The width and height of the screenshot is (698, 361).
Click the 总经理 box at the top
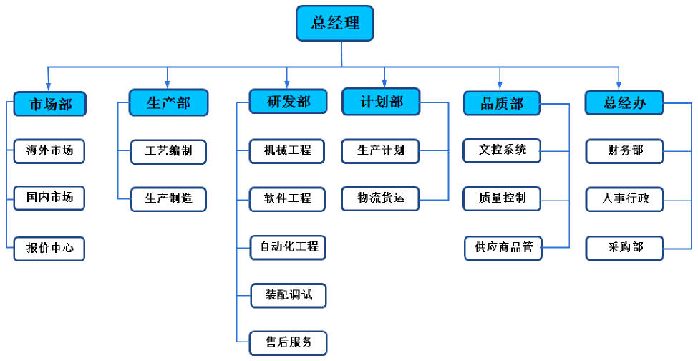(335, 23)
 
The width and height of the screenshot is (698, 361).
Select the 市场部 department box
(49, 104)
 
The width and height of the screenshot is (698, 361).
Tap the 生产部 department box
(168, 102)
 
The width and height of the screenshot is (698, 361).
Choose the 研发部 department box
(288, 101)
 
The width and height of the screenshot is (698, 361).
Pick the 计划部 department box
(381, 101)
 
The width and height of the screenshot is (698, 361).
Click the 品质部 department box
(502, 103)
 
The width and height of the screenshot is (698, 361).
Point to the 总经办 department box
(624, 102)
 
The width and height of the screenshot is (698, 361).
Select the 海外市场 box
(49, 151)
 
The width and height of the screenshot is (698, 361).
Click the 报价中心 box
(49, 248)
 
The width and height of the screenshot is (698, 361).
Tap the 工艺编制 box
(168, 151)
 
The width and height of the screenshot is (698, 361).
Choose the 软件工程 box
(287, 199)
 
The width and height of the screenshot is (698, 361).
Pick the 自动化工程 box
(289, 247)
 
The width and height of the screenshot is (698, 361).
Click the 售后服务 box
(289, 343)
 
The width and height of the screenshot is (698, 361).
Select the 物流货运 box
(380, 198)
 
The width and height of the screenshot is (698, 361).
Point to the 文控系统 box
(502, 150)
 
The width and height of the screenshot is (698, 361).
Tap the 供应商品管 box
(503, 248)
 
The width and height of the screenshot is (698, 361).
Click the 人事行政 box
(624, 199)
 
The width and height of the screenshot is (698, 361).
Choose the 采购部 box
(624, 248)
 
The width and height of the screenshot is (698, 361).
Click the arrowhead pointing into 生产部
(168, 85)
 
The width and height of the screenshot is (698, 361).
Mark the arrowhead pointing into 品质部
(500, 85)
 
